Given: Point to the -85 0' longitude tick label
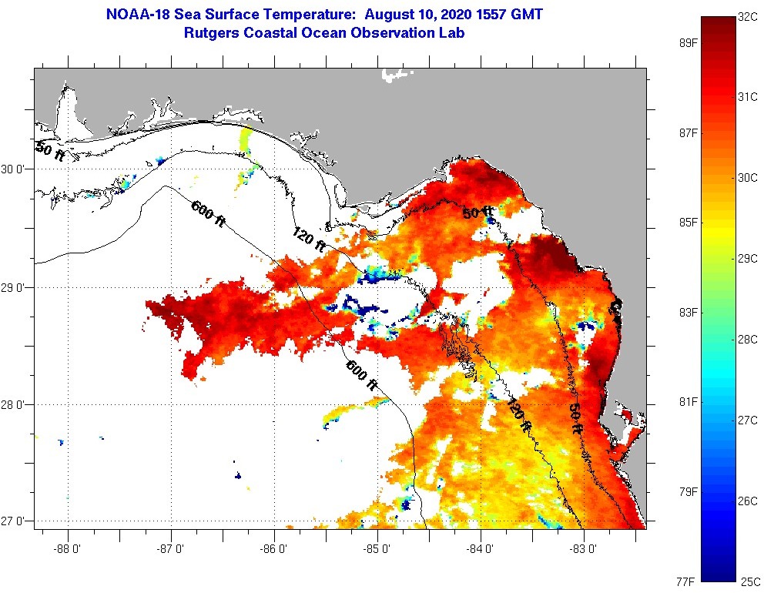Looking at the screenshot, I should (378, 549).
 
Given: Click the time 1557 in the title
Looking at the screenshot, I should (491, 14).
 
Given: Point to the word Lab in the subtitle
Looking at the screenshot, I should (451, 33).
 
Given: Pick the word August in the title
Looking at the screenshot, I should (391, 14).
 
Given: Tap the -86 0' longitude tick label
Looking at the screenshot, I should (275, 549).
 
